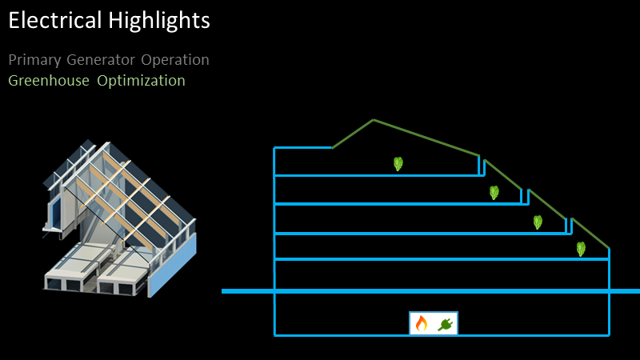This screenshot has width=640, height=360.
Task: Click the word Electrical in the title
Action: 54,20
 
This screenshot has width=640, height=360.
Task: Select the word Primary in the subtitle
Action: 34,61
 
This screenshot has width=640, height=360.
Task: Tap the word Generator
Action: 101,59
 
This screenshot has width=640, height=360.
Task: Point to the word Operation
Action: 175,61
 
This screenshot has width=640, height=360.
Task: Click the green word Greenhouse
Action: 49,81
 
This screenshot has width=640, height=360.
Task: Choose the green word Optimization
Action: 141,81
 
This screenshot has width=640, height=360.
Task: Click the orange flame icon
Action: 422,323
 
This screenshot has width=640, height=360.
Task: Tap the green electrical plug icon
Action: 446,325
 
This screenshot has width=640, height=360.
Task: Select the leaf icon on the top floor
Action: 398,164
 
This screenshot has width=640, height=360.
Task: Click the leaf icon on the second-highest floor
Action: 494,192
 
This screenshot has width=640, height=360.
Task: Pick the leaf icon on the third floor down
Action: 538,222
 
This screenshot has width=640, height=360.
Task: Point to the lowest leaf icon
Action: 581,249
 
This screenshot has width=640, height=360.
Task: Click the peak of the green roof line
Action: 373,119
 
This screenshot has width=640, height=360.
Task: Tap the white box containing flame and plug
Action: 434,323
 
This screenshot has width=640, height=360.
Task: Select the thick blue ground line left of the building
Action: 248,291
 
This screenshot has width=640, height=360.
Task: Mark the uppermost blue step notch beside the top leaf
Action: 482,166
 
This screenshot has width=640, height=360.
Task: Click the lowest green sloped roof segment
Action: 590,234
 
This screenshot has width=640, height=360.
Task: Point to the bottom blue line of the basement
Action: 442,335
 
